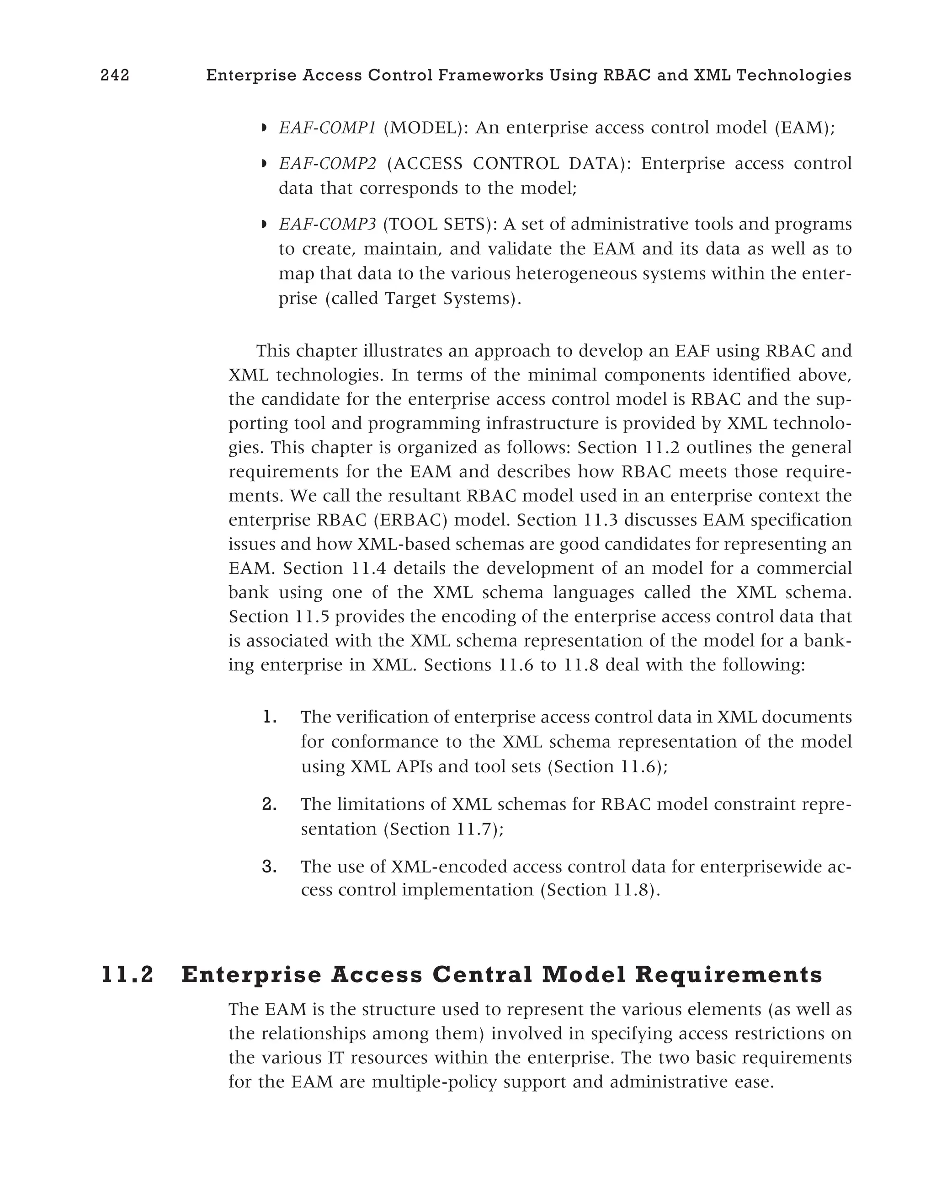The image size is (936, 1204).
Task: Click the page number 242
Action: [115, 75]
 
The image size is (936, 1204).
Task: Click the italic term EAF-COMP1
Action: [327, 128]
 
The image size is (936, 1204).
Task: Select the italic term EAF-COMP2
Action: [327, 164]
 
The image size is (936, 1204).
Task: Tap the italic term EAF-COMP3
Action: [327, 225]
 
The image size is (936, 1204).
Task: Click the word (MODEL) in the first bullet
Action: [425, 128]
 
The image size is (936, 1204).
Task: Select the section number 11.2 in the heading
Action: [128, 974]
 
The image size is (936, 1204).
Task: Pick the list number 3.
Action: [269, 867]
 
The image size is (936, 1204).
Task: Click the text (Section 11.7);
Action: [443, 829]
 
